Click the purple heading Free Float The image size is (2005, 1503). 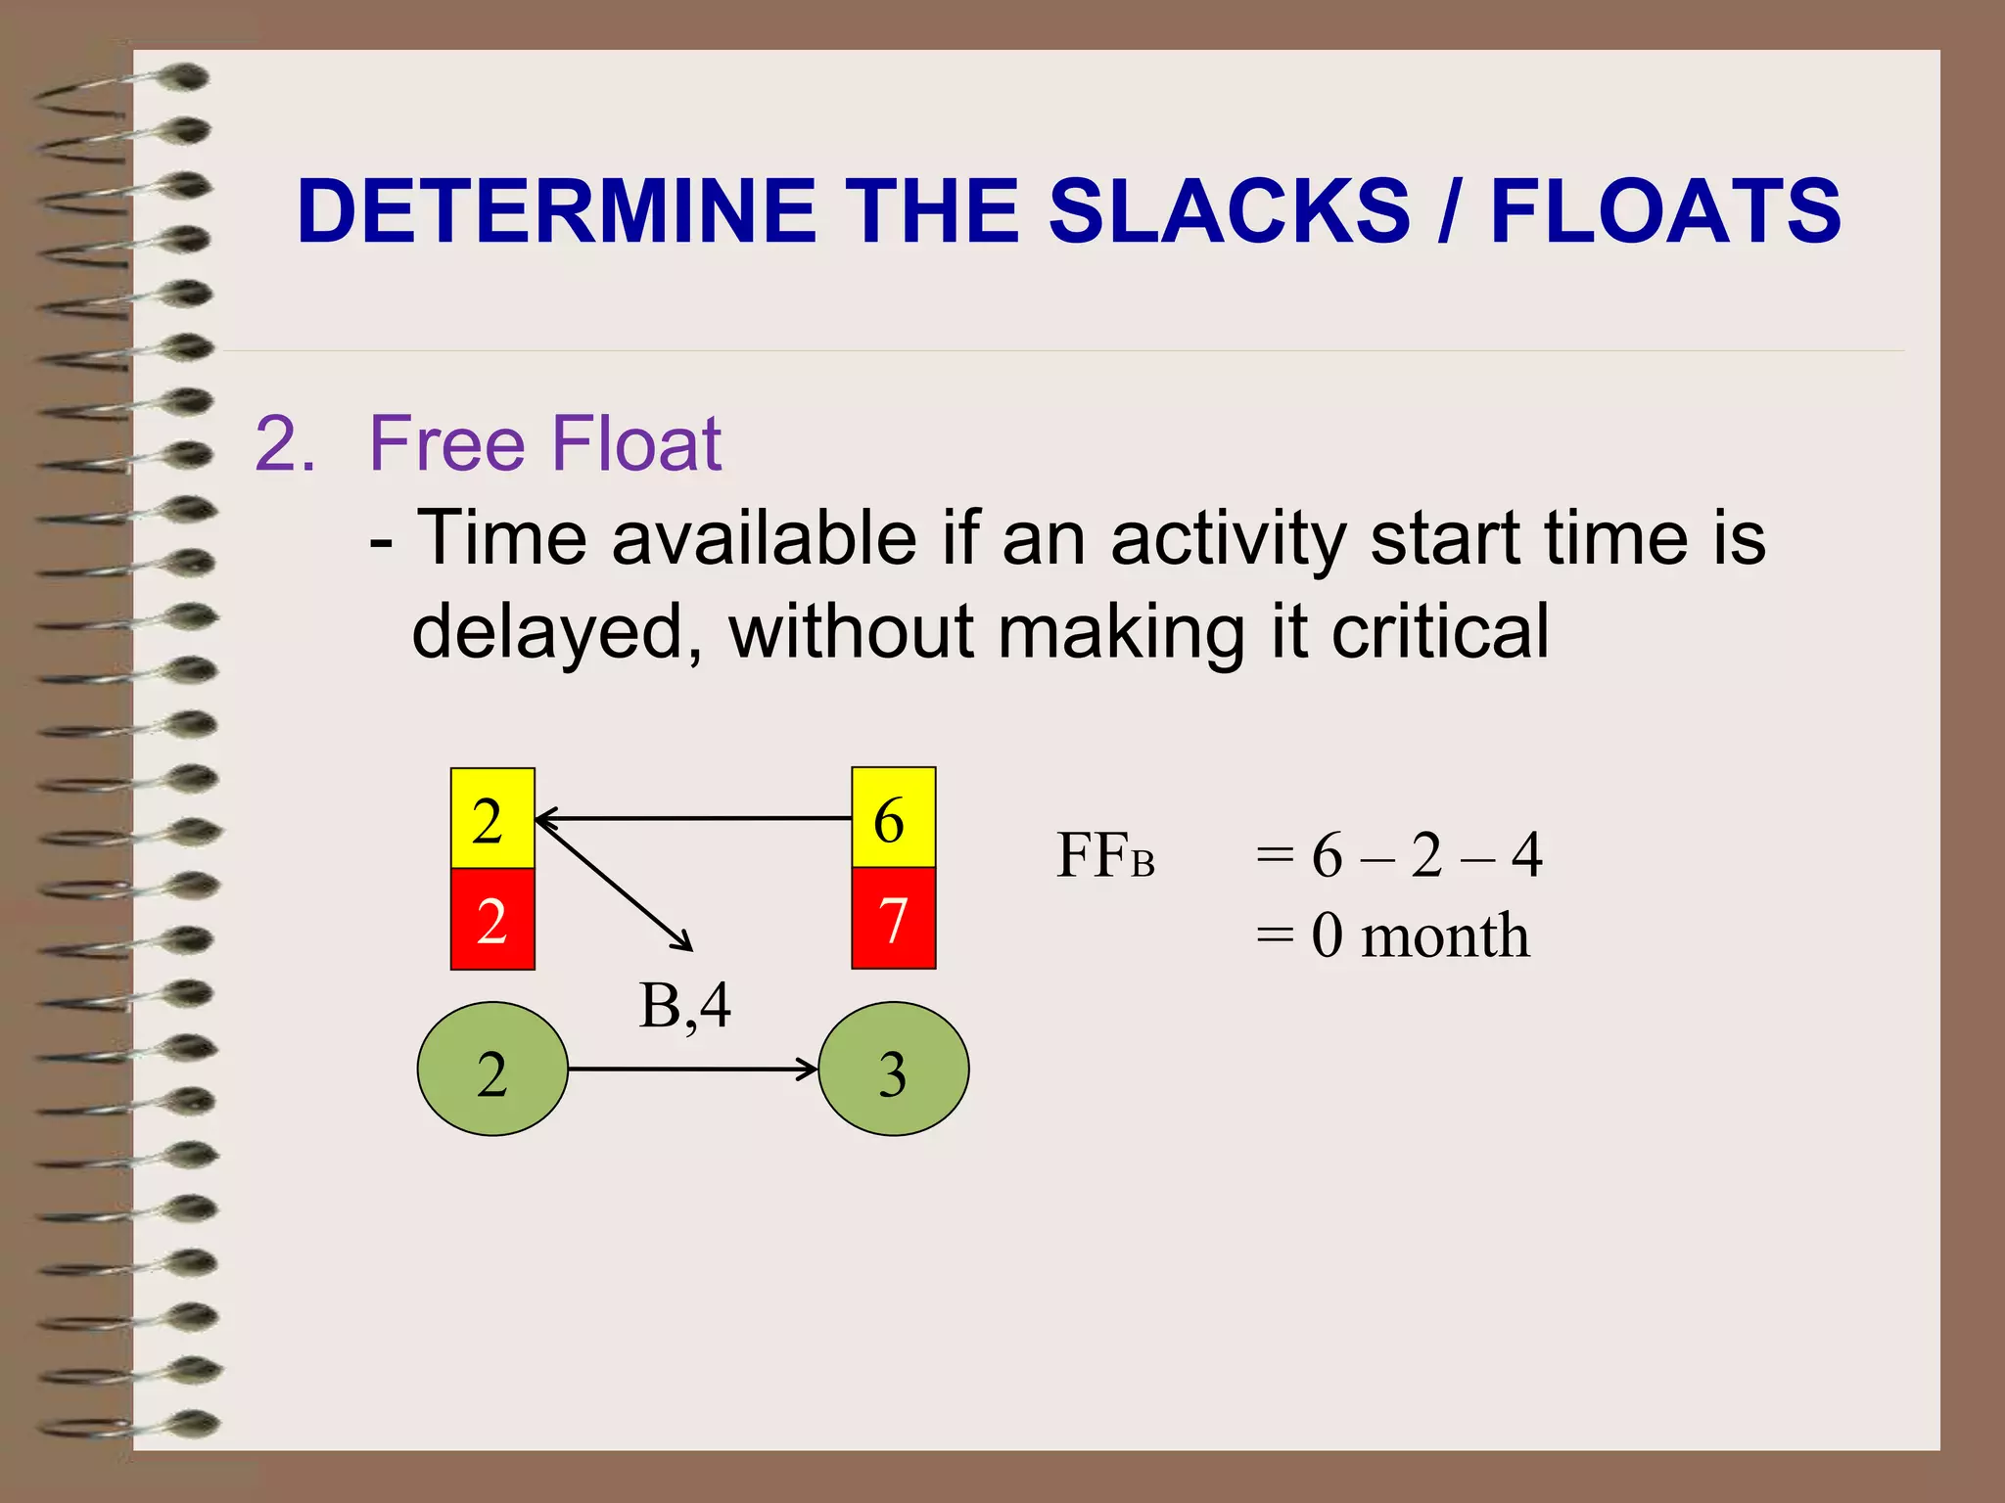click(544, 444)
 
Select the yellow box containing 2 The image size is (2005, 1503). click(492, 818)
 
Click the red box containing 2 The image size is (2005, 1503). click(492, 919)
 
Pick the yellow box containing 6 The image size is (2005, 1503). click(893, 818)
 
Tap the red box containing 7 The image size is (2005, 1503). click(893, 919)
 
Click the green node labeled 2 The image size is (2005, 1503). click(492, 1069)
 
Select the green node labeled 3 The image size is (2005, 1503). click(893, 1069)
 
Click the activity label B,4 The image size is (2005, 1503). click(684, 1005)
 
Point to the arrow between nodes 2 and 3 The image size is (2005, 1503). click(691, 1069)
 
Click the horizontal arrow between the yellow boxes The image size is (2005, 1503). click(693, 817)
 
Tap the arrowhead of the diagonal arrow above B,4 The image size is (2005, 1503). click(684, 944)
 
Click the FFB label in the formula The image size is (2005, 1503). click(1105, 855)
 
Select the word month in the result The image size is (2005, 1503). click(1445, 935)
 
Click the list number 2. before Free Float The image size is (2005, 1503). click(285, 444)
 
